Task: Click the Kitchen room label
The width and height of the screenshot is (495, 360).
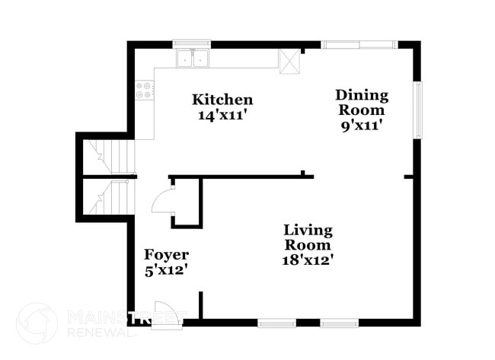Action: tap(222, 100)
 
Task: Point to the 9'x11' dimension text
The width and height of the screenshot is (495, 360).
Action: tap(362, 126)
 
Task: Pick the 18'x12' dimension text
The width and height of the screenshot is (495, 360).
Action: tap(308, 260)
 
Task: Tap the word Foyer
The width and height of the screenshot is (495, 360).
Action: tap(167, 255)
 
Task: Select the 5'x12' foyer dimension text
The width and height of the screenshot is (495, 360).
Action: tap(167, 269)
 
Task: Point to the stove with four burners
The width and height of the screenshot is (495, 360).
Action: tap(144, 91)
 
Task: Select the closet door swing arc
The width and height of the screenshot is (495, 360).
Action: tap(163, 201)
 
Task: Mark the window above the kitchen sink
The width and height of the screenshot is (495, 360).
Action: tap(192, 44)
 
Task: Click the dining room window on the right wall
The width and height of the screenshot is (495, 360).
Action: tap(417, 110)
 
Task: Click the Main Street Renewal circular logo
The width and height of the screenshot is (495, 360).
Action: tap(37, 323)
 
